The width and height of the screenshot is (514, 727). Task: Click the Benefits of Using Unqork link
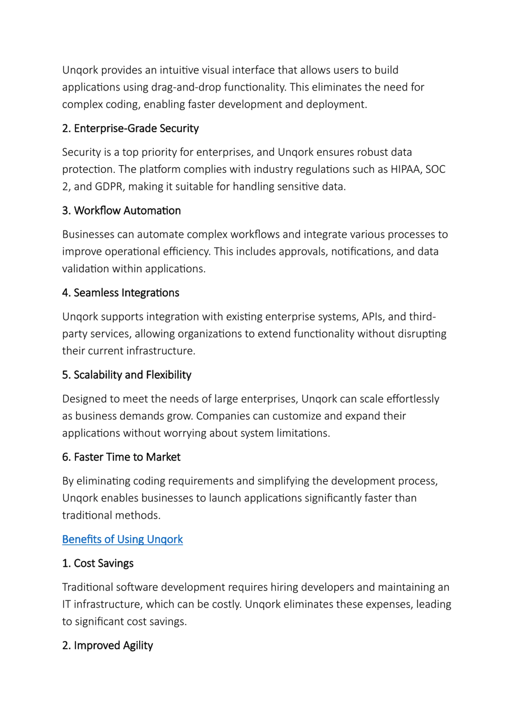pyautogui.click(x=122, y=539)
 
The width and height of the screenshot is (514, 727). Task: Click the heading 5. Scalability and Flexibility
pyautogui.click(x=127, y=375)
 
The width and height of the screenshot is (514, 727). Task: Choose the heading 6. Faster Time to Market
pyautogui.click(x=121, y=457)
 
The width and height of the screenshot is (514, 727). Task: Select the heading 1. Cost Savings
pyautogui.click(x=98, y=563)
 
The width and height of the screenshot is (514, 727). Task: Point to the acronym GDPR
pyautogui.click(x=108, y=187)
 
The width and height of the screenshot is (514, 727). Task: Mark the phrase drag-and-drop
pyautogui.click(x=186, y=87)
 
